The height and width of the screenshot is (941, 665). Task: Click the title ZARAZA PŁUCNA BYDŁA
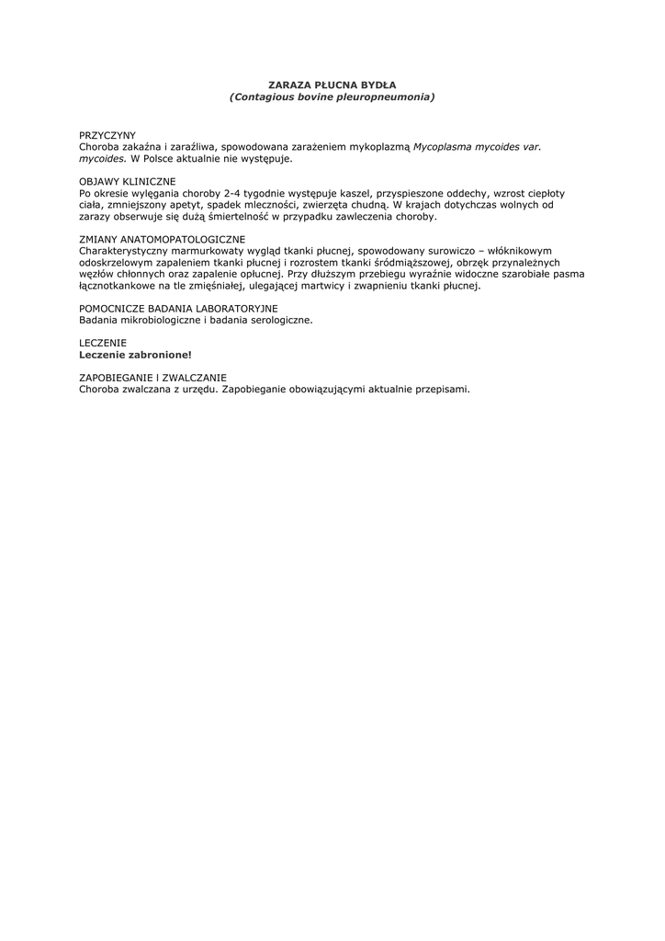coord(332,85)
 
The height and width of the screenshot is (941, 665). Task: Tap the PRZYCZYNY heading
coord(107,135)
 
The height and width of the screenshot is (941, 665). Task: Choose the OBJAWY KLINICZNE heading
coord(128,182)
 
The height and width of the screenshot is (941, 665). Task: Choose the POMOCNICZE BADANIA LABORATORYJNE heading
coord(179,309)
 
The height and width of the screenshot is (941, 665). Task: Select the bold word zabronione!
coord(160,355)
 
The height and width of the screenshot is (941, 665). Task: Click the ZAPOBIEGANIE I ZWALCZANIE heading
coord(152,378)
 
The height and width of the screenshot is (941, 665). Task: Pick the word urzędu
coord(196,390)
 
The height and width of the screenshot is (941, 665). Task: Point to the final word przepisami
coord(440,390)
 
